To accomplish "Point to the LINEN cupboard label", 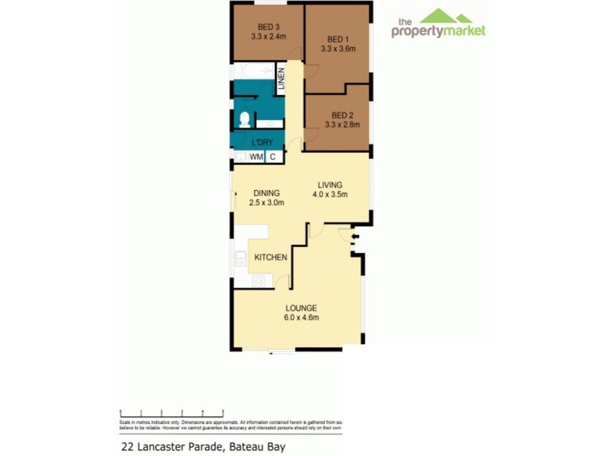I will point(280,81).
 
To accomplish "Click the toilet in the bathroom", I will point(245,120).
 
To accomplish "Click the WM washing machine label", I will point(256,157).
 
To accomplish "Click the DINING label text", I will point(266,193).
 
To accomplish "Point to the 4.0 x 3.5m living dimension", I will point(329,194).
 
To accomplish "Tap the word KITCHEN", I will point(270,258).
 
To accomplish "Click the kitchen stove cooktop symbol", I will point(258,280).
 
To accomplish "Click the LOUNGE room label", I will point(301,308).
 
